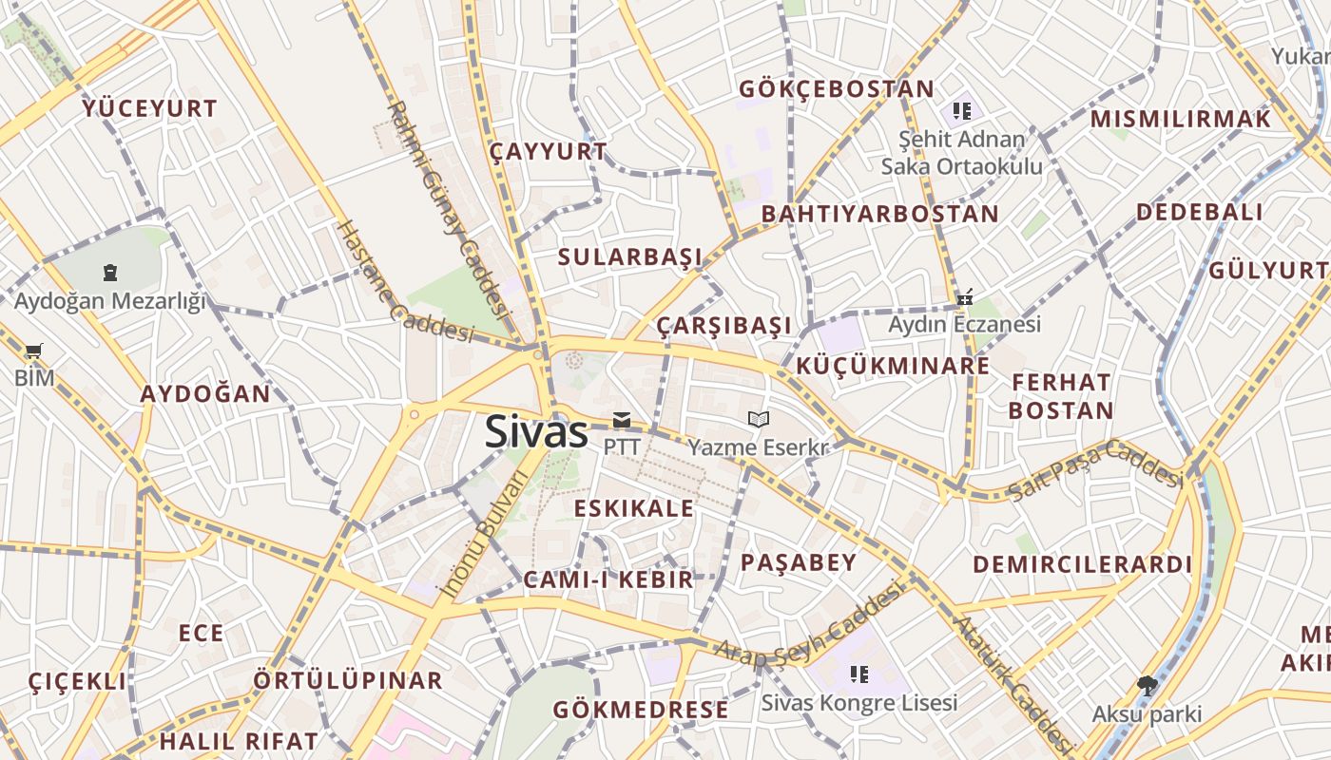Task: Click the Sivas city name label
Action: [536, 432]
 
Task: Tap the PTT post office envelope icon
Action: [622, 420]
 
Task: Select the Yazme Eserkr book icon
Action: [759, 419]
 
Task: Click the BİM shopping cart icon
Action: [35, 351]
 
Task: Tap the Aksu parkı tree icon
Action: [1148, 685]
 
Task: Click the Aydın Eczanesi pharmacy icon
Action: [965, 297]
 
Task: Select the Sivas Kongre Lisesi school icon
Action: [859, 674]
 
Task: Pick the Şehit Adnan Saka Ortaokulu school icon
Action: [962, 111]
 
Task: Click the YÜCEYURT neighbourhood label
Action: [150, 108]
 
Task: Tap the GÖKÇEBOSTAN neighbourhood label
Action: [837, 89]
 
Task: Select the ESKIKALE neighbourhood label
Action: [634, 508]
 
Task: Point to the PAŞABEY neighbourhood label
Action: [799, 562]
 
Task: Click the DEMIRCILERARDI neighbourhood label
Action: [1082, 564]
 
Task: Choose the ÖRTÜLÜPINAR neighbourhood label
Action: [348, 680]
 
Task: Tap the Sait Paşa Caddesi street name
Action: [1095, 471]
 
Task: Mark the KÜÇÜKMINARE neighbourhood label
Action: [893, 366]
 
